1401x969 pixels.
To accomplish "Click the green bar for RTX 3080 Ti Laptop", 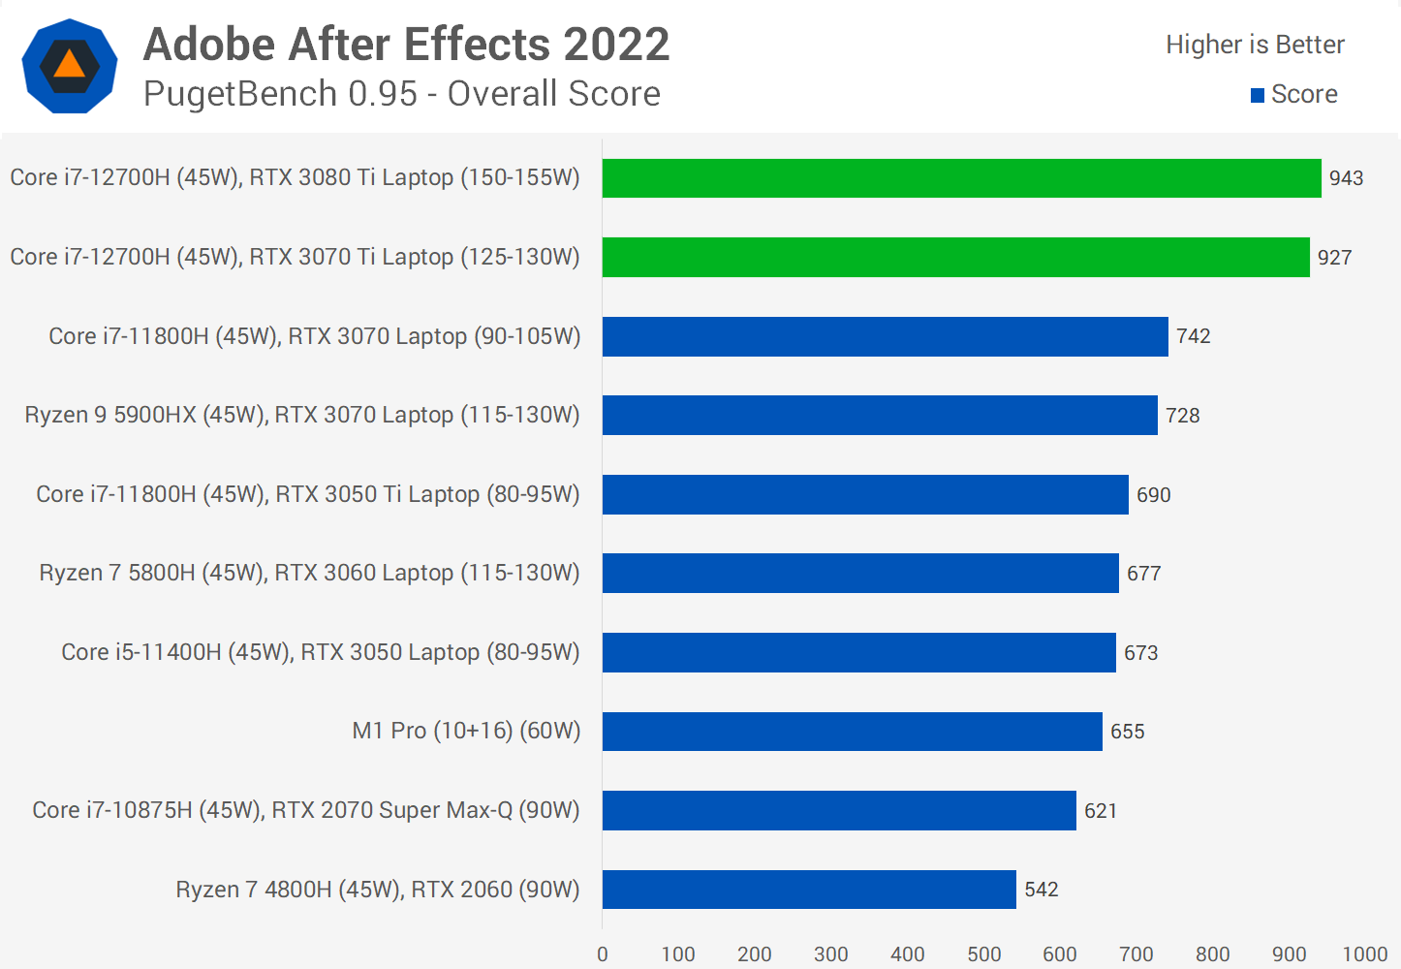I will click(x=961, y=178).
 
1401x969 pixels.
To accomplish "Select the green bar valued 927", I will click(x=955, y=257).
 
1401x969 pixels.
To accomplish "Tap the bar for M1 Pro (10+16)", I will click(x=852, y=732).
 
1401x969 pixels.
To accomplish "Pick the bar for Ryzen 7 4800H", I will click(x=809, y=890).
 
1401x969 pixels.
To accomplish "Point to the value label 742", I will click(x=1193, y=336).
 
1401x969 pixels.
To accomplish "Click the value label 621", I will click(x=1100, y=811).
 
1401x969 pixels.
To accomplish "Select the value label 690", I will click(x=1153, y=495).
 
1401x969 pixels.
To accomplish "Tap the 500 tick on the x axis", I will click(x=983, y=954).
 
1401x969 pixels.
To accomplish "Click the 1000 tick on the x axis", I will click(x=1364, y=954).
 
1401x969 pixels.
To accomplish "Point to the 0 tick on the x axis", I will click(x=603, y=954).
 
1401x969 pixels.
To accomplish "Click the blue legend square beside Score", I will click(x=1258, y=95).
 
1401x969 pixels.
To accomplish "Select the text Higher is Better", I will click(x=1255, y=45).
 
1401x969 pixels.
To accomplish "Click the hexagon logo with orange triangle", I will click(x=70, y=66).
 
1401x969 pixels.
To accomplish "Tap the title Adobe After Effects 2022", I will click(x=406, y=45).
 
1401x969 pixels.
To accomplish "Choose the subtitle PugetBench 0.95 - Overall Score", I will click(x=401, y=94).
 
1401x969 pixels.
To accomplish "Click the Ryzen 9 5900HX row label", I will click(x=302, y=415).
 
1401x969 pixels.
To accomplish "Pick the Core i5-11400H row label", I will click(x=320, y=652).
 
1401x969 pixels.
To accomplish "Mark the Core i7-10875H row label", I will click(x=305, y=810).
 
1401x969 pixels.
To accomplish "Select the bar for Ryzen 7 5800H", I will click(x=860, y=574).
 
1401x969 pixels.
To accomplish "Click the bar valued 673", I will click(x=858, y=652).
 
